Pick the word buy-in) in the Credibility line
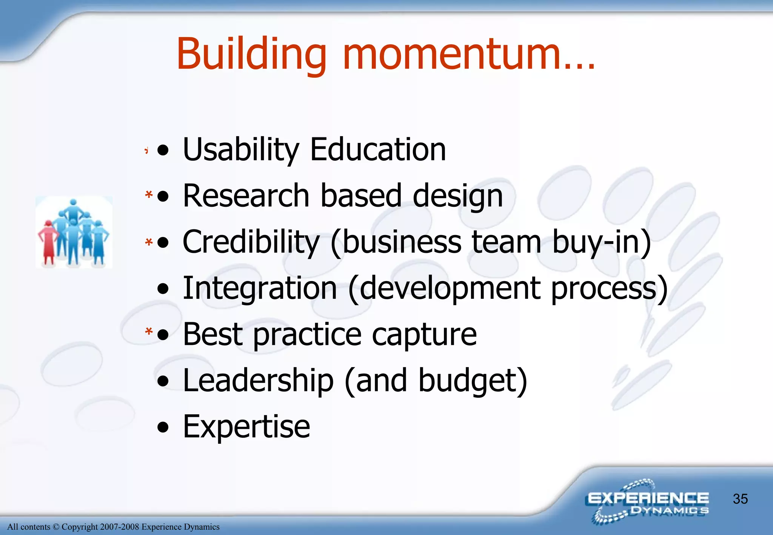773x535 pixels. tap(601, 242)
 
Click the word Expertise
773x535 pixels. tap(246, 427)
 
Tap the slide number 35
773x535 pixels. tap(740, 499)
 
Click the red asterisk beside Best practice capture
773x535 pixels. tap(149, 331)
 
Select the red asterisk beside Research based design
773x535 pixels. tap(149, 195)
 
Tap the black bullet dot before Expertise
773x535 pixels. tap(163, 427)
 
